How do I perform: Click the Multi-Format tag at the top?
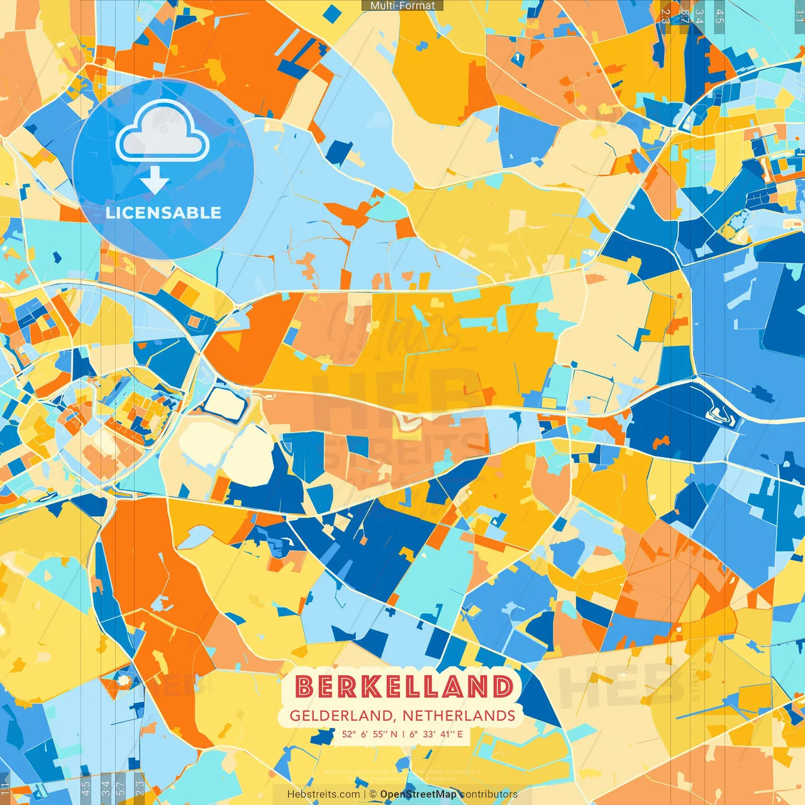402,6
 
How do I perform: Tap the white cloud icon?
162,133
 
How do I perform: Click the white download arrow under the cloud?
155,181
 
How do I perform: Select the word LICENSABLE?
164,213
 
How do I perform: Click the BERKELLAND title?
404,687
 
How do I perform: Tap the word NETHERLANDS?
459,716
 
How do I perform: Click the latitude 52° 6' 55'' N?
370,734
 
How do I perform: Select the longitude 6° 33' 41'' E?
436,734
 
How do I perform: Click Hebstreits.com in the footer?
323,794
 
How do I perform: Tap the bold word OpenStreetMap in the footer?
418,794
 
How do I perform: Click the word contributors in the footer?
489,794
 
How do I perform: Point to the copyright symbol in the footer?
373,794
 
